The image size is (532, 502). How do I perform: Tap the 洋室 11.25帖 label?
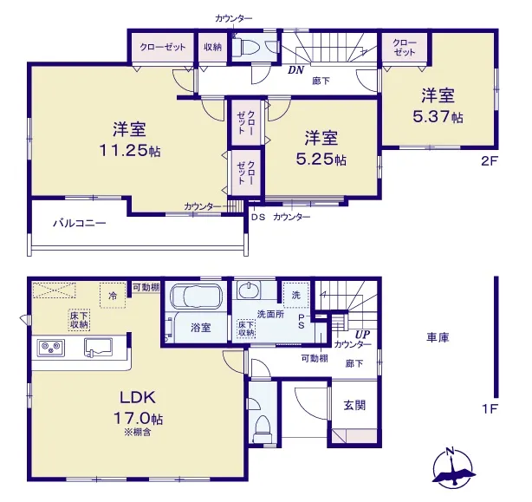(130, 140)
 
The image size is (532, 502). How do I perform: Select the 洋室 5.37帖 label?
(438, 106)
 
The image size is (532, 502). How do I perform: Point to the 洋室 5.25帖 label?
(321, 148)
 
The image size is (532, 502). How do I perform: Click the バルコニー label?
(80, 224)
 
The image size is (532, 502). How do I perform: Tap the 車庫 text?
(438, 337)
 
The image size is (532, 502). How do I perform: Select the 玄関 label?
(354, 405)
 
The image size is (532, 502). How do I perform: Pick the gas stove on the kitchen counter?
(51, 349)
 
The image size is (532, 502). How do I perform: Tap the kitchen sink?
(99, 348)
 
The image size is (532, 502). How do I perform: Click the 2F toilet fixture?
(247, 48)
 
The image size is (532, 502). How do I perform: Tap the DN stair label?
(295, 70)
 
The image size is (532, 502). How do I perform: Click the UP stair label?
(362, 335)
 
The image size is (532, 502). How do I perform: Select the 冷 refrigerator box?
(113, 296)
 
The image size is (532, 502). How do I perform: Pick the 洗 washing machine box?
(296, 295)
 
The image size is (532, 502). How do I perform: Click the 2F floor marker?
(489, 160)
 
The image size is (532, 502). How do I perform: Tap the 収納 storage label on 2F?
(212, 47)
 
